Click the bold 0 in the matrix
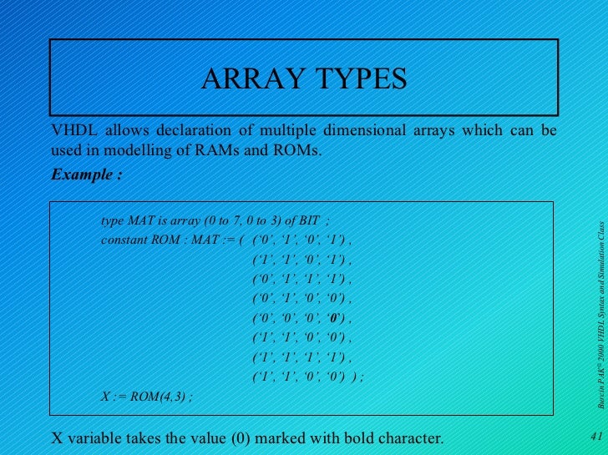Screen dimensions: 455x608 click(334, 318)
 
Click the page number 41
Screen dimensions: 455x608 click(595, 437)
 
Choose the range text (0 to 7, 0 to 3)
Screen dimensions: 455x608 click(237, 221)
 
